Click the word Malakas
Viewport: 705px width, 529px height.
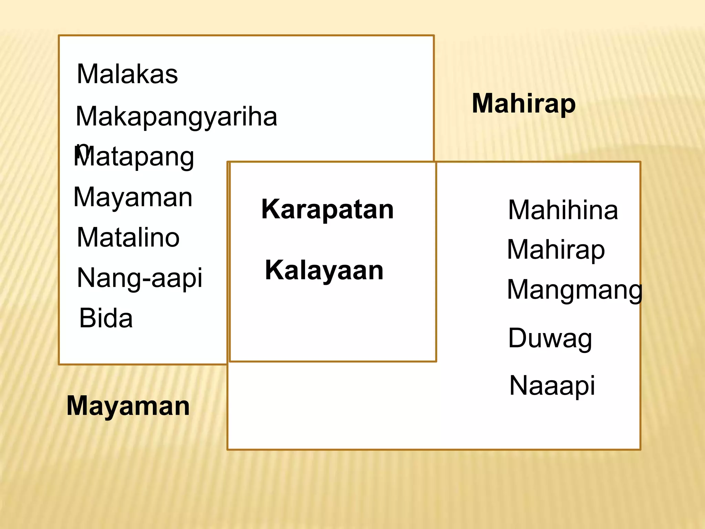[127, 74]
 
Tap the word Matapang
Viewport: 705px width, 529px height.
[134, 157]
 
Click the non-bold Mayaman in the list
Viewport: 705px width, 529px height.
[133, 197]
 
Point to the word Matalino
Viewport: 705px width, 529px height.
[128, 238]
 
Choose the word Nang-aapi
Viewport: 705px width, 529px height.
[139, 278]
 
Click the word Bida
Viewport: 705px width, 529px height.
[106, 318]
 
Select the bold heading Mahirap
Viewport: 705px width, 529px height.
[523, 104]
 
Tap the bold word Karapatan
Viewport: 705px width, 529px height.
[327, 209]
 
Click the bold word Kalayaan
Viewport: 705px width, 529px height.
[324, 270]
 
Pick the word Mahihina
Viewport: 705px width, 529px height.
[563, 210]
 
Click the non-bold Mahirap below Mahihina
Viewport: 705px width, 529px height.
[556, 250]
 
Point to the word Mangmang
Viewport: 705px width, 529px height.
[575, 290]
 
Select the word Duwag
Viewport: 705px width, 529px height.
[550, 339]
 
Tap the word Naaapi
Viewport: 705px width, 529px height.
[552, 386]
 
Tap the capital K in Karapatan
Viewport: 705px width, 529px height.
[270, 209]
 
